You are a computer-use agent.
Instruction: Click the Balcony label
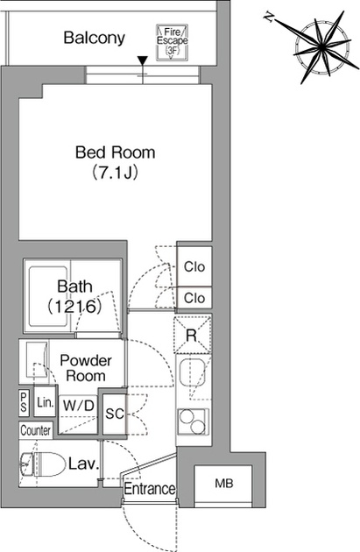94,38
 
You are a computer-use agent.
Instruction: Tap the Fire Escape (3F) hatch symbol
173,42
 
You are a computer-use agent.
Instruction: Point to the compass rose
322,47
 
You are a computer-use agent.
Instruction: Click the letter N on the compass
269,18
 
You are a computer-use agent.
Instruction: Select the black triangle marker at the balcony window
142,61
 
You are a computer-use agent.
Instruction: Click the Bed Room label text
116,152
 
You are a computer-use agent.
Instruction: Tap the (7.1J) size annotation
115,173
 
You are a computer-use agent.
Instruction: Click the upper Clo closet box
194,266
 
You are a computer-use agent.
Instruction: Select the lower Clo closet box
194,299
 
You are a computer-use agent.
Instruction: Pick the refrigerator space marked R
193,335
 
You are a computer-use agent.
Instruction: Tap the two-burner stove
193,422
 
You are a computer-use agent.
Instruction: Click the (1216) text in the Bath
75,307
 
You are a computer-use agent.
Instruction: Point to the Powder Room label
86,368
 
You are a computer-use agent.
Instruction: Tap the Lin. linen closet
46,402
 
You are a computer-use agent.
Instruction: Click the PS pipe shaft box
24,403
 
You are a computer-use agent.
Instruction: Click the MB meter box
223,485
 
